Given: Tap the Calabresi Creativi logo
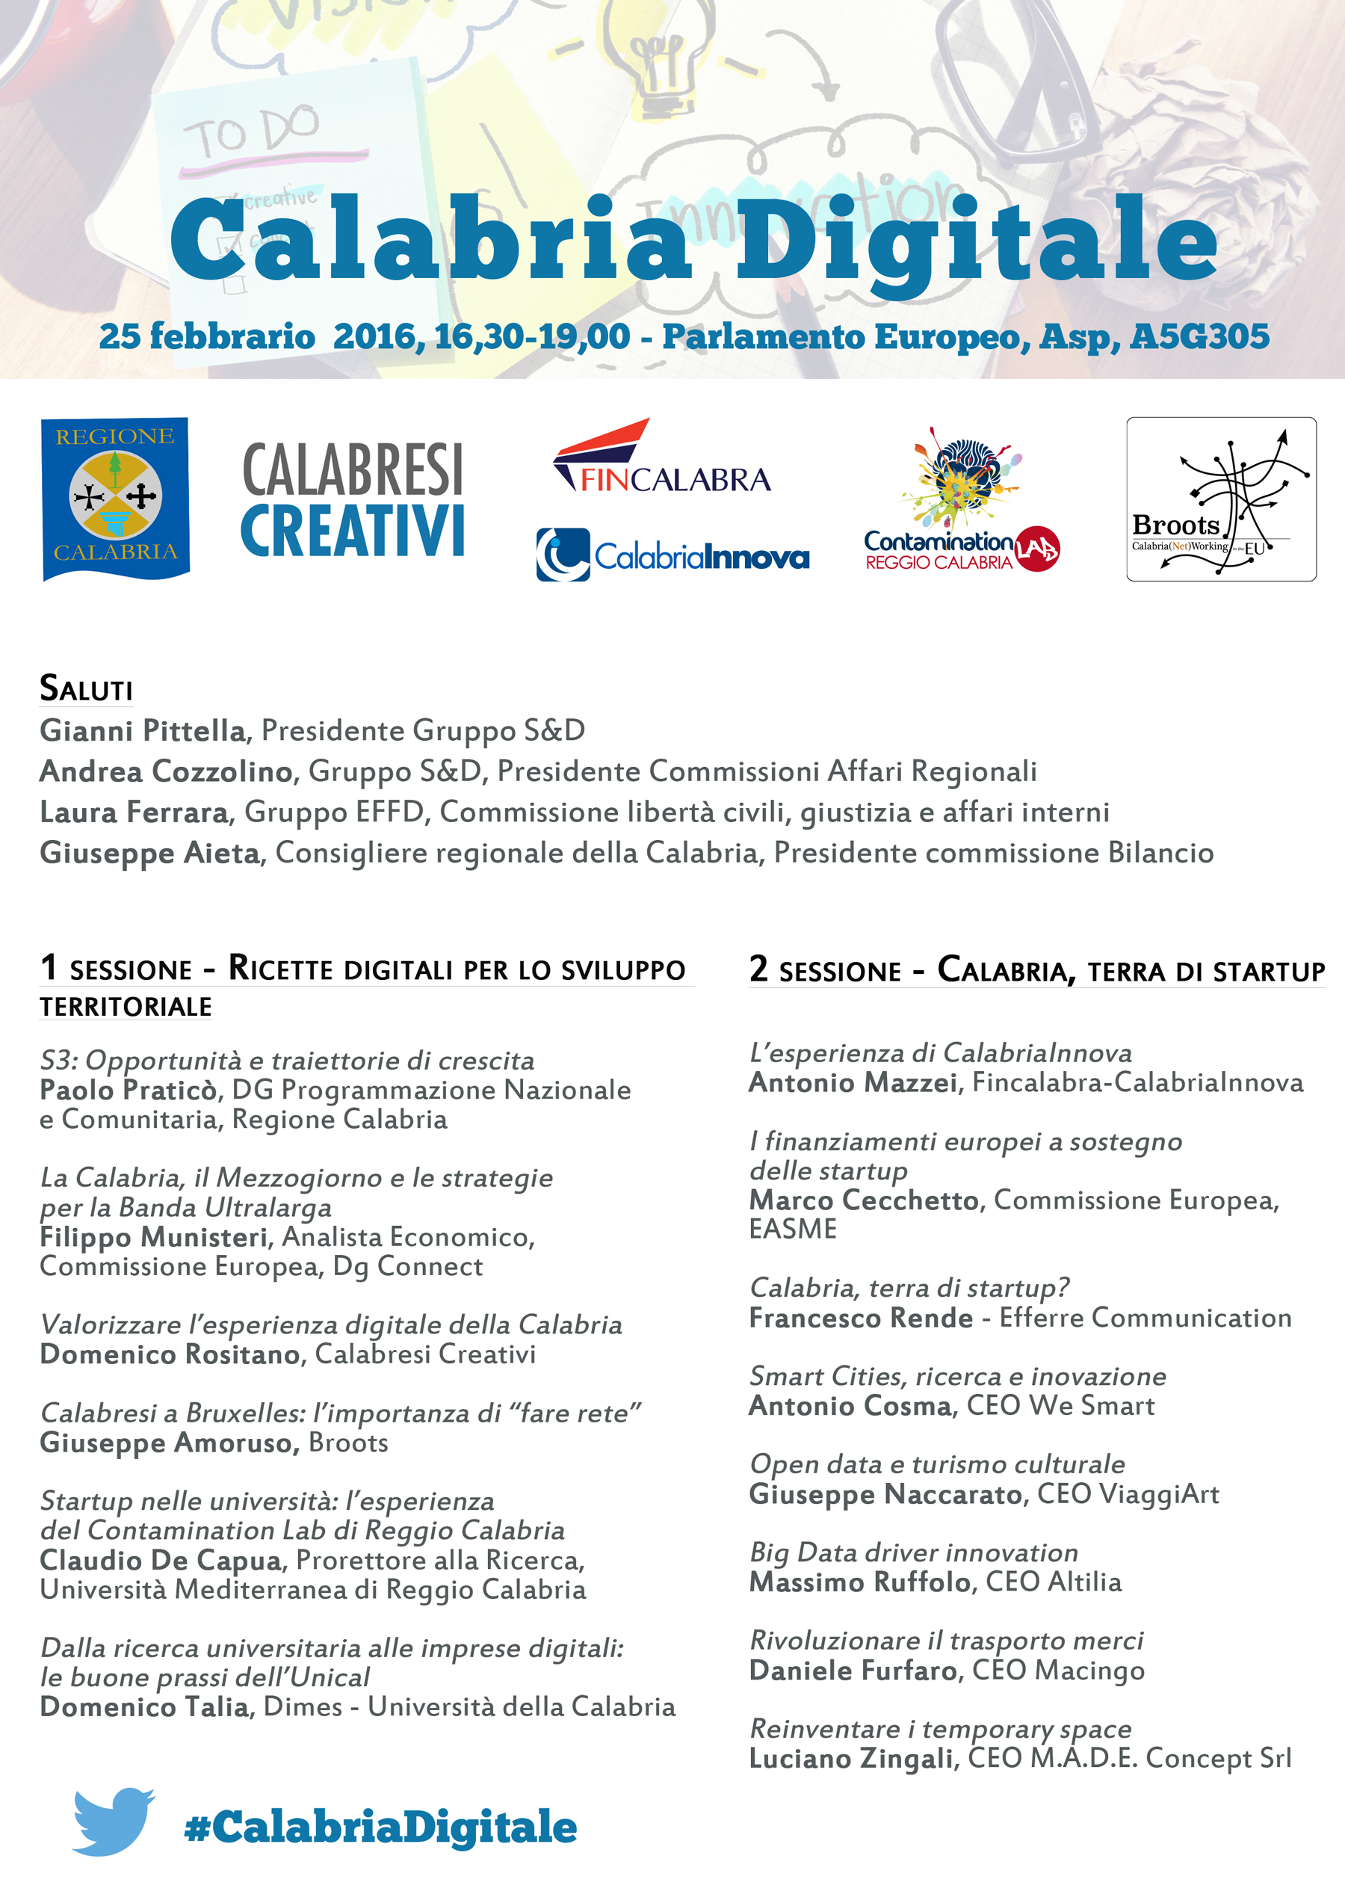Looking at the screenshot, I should tap(352, 500).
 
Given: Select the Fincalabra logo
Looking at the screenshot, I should tap(661, 457).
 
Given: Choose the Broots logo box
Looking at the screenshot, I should tap(1221, 499).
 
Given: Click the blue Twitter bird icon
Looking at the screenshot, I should tap(113, 1820).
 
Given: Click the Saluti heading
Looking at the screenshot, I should tap(86, 688).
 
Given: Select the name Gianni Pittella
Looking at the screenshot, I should tap(143, 730).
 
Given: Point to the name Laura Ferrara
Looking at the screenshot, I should tap(134, 812).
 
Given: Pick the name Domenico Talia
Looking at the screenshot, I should tap(144, 1706).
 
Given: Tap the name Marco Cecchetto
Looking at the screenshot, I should tap(864, 1200).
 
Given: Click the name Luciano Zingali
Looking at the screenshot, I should tap(851, 1758).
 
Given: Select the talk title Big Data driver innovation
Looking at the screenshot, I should tap(913, 1552).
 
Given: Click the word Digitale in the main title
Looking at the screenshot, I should tap(976, 238).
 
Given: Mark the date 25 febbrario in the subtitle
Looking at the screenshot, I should tap(207, 336).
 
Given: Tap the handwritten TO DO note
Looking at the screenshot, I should tap(251, 132).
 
